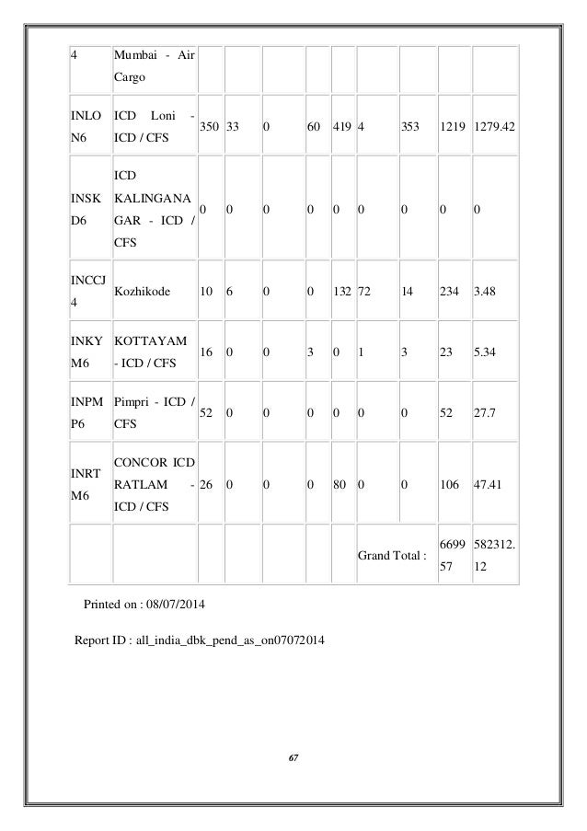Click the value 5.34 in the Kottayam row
click(x=484, y=351)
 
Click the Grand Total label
click(x=393, y=555)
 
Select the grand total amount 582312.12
click(x=495, y=555)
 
